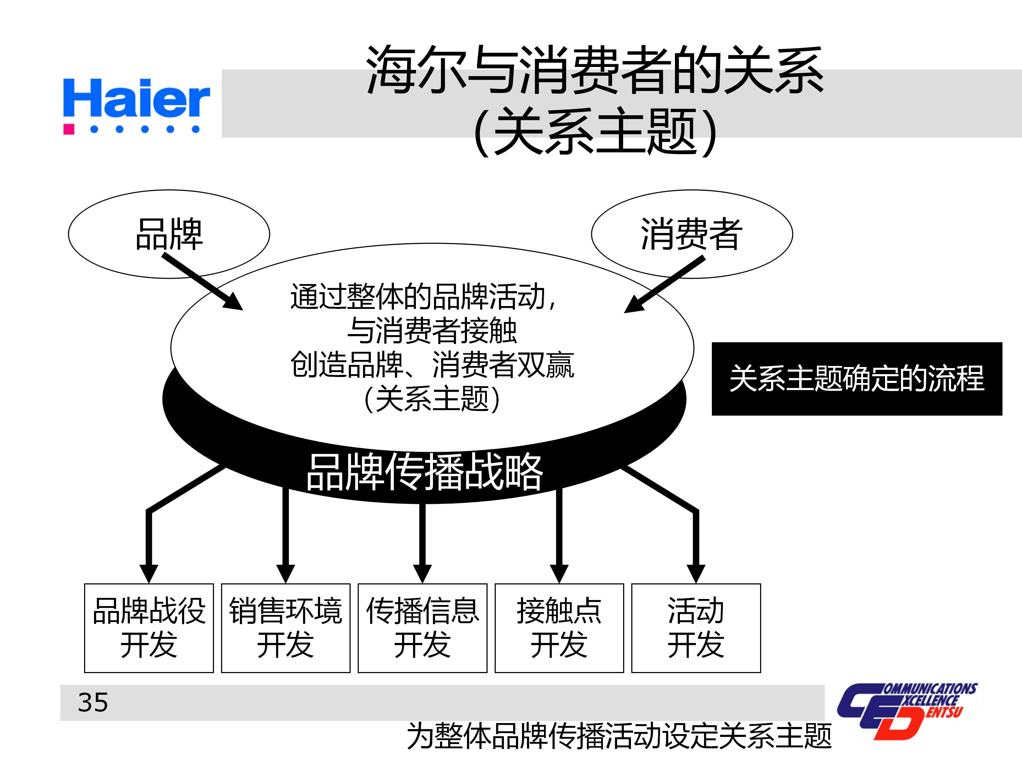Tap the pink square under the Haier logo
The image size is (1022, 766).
[69, 129]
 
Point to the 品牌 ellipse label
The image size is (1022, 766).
[169, 234]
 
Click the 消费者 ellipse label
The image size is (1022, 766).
[691, 234]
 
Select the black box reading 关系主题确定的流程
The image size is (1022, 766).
[857, 379]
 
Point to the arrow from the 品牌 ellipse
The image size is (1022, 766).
[203, 282]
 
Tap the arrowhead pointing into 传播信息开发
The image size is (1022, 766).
[422, 572]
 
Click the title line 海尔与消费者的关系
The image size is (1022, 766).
[595, 70]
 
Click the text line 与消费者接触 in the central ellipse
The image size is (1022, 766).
[432, 331]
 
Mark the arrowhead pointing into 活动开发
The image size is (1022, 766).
[696, 572]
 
